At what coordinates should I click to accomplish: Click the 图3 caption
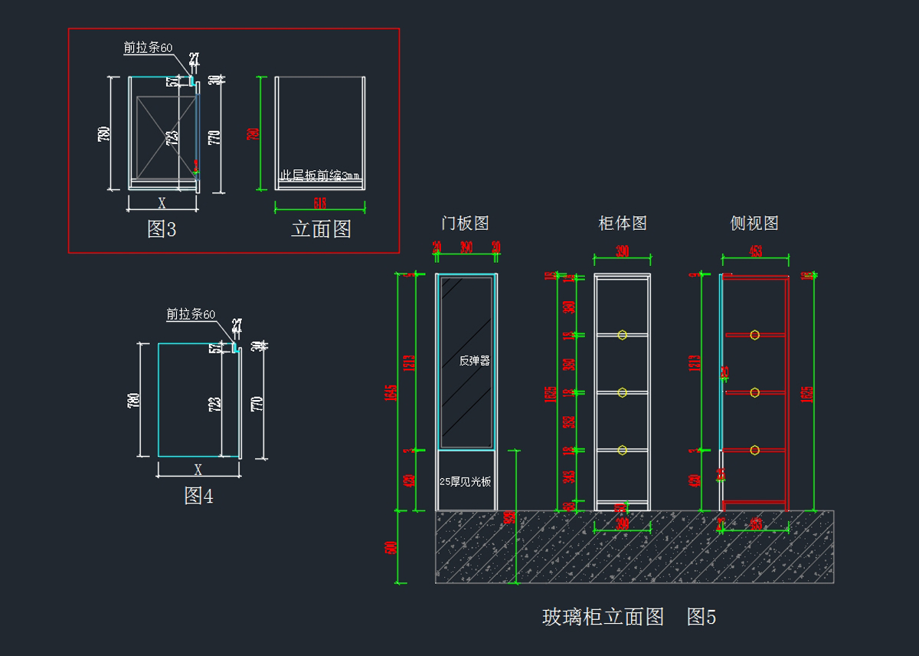[x=162, y=229]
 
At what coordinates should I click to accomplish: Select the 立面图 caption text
[x=321, y=229]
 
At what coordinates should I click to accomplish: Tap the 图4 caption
[x=198, y=496]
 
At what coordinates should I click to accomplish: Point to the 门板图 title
[x=465, y=223]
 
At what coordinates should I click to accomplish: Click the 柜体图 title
[x=623, y=223]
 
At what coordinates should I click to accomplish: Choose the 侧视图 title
[x=754, y=223]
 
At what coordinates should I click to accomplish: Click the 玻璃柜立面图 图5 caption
[x=629, y=617]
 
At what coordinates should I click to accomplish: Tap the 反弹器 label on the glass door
[x=474, y=361]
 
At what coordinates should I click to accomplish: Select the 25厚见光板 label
[x=465, y=482]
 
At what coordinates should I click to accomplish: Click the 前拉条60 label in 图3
[x=149, y=48]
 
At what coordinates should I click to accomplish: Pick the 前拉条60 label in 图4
[x=191, y=314]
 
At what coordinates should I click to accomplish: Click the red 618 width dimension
[x=320, y=203]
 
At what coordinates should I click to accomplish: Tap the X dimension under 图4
[x=198, y=469]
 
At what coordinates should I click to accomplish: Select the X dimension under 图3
[x=162, y=203]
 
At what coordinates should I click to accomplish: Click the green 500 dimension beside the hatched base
[x=392, y=548]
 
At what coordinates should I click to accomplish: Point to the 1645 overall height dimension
[x=392, y=392]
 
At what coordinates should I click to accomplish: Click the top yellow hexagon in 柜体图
[x=623, y=335]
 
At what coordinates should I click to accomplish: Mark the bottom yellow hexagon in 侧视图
[x=754, y=450]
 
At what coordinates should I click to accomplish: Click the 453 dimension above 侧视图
[x=755, y=251]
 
